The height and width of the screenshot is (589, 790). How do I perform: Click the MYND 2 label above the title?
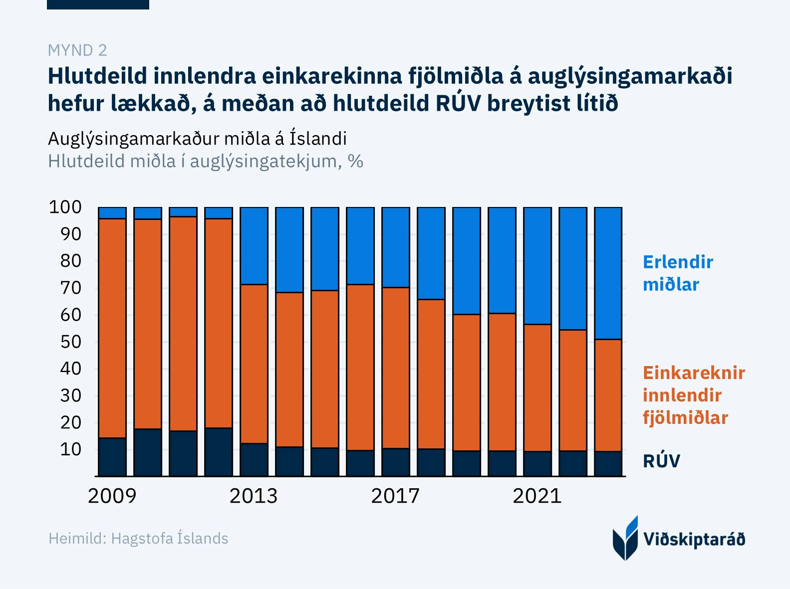[77, 50]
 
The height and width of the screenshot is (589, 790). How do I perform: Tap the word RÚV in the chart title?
[458, 104]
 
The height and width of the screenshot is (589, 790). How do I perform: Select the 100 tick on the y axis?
[65, 207]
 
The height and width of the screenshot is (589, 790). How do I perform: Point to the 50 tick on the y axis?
[70, 342]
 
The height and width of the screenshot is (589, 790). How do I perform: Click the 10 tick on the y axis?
[70, 449]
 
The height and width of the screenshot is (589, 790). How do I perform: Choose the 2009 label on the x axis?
[112, 496]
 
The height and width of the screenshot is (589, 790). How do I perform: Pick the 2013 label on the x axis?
[254, 496]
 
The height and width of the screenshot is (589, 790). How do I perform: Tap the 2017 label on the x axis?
[395, 496]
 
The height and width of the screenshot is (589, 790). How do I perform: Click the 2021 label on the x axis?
[537, 496]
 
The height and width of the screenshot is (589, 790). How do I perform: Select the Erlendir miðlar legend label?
[677, 273]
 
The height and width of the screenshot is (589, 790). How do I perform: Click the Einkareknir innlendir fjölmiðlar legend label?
[693, 395]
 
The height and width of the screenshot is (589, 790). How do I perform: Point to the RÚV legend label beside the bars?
[661, 461]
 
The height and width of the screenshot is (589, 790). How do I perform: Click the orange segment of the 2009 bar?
[112, 328]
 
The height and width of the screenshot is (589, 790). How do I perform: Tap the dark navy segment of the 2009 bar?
[112, 457]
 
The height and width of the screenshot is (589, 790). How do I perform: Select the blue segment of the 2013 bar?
[254, 246]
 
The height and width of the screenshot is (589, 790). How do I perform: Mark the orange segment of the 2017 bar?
[396, 368]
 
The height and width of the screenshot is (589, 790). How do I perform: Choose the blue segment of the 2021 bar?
[537, 266]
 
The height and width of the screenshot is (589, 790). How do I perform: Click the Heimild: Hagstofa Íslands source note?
[138, 539]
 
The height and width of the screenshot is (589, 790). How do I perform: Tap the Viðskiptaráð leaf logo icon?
[625, 539]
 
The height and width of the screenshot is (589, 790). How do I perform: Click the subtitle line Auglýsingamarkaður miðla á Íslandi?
[197, 139]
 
